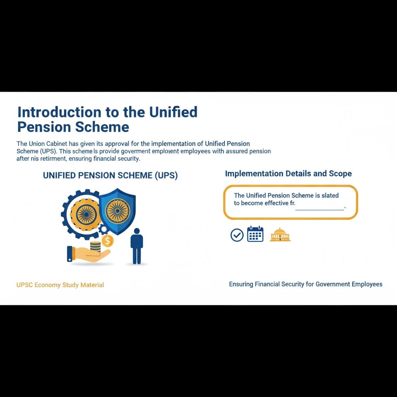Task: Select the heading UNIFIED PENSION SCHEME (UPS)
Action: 110,175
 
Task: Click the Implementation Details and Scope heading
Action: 288,174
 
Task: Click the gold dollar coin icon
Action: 107,241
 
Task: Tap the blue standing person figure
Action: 136,246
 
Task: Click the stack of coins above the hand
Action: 95,246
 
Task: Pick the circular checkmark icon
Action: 237,235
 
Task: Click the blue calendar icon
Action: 255,234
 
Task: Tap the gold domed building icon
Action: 280,235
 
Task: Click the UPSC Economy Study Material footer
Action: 60,285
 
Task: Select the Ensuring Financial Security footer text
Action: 306,284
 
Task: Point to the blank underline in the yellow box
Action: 319,209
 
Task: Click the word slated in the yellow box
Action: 330,196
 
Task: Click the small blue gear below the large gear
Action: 103,229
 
